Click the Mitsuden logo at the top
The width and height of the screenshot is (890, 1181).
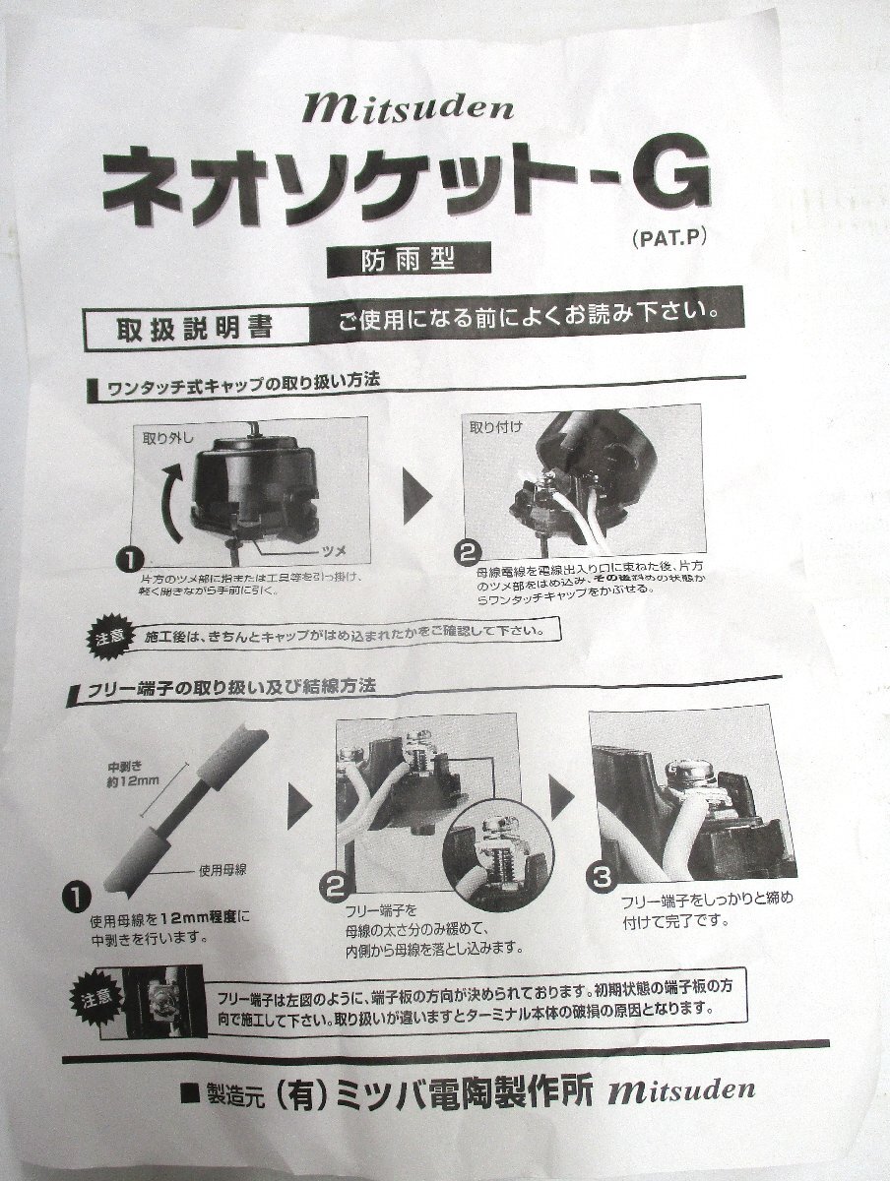click(395, 104)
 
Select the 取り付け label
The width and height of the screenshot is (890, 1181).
click(498, 429)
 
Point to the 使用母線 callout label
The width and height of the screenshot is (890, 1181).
click(226, 871)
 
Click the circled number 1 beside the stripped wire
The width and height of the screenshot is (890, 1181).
click(76, 895)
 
